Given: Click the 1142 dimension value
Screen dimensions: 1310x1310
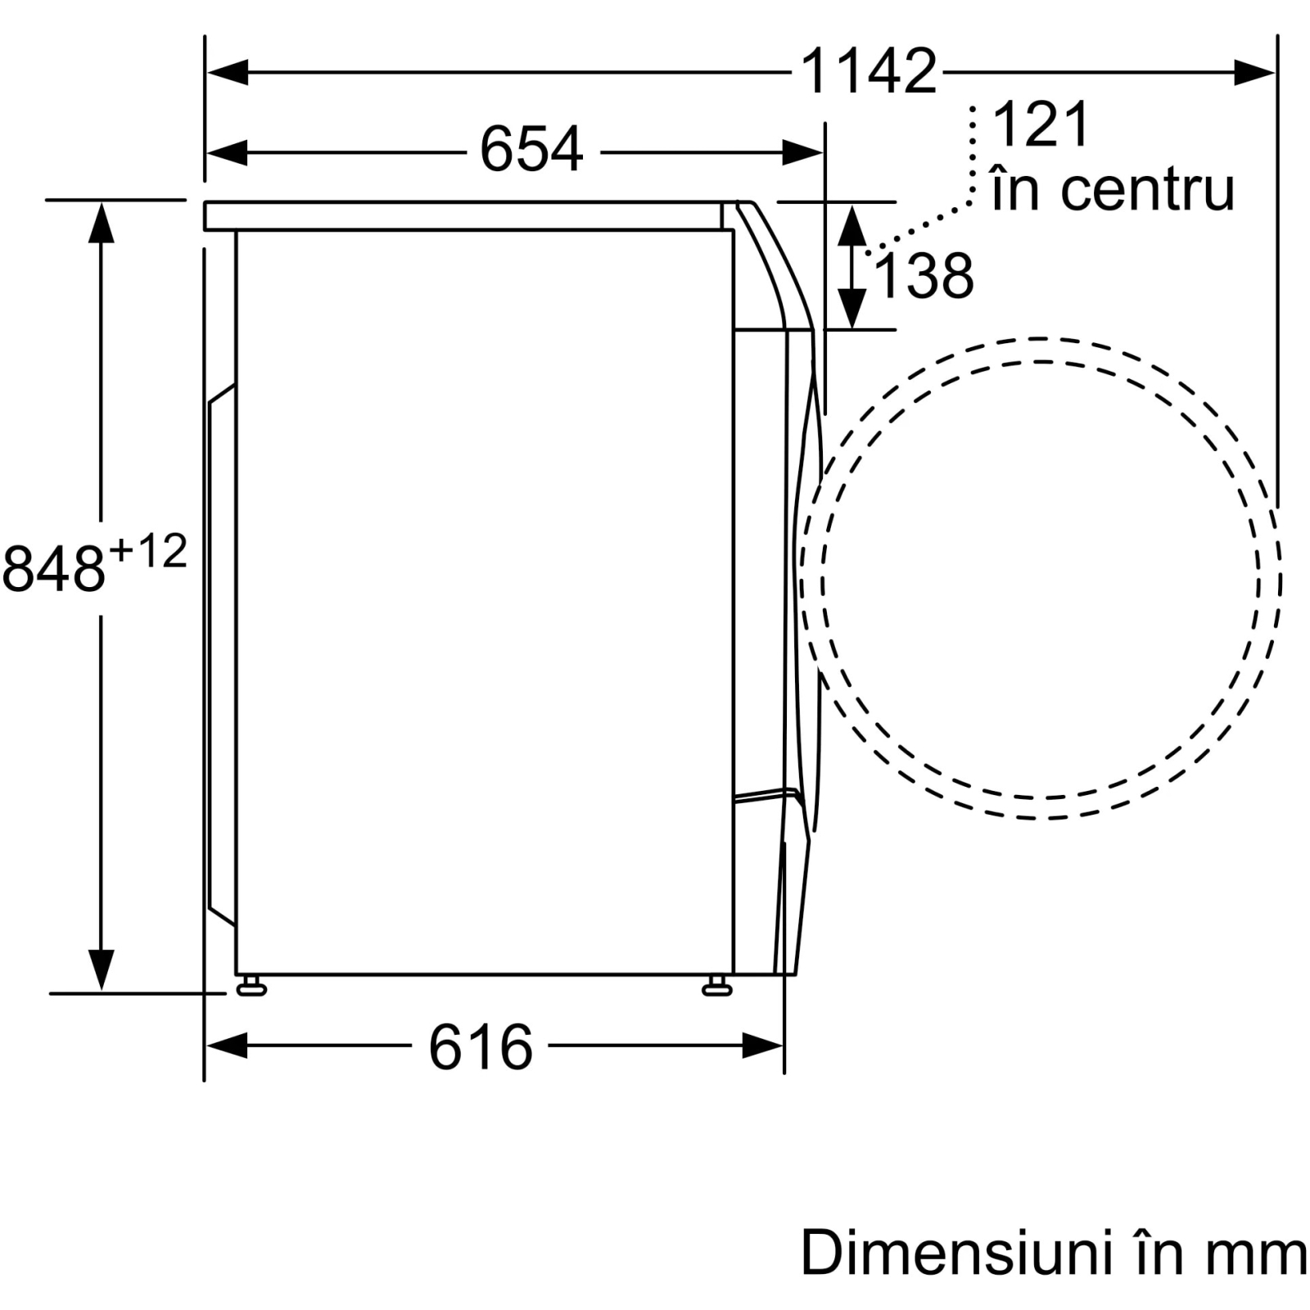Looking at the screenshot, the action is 868,71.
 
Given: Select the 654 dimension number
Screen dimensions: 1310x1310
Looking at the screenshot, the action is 531,150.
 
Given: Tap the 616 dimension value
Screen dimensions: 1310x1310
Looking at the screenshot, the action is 481,1046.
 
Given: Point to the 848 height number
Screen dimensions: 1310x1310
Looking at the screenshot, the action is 54,568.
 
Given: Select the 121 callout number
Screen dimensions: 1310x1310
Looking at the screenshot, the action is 1041,124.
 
